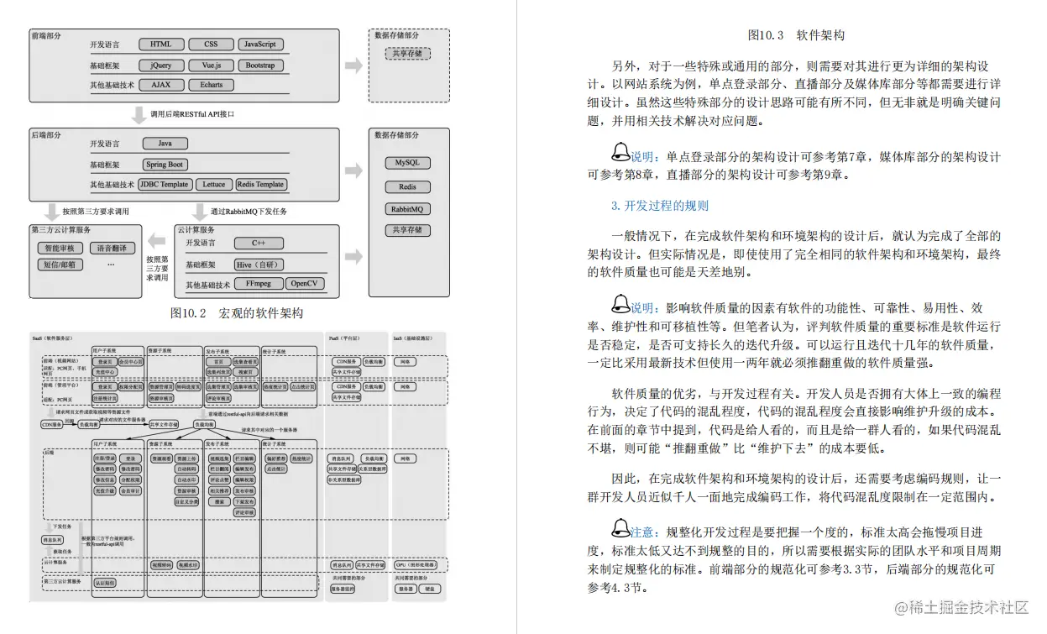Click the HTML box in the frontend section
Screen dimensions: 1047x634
(x=161, y=45)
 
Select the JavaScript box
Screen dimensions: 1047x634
(x=260, y=45)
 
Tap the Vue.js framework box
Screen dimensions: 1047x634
(x=212, y=65)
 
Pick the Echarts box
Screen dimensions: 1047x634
(x=212, y=85)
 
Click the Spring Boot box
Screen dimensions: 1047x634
(x=165, y=165)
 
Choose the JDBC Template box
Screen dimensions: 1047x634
(x=165, y=185)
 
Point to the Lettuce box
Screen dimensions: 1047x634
(x=213, y=185)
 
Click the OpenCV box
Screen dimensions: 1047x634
(x=305, y=284)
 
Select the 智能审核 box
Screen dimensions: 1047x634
(x=60, y=249)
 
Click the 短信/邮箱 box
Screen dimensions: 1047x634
(x=60, y=265)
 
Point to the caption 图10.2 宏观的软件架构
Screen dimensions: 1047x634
(x=236, y=313)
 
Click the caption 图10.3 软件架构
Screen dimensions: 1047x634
(x=795, y=35)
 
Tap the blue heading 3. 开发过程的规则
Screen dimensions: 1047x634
(x=660, y=206)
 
